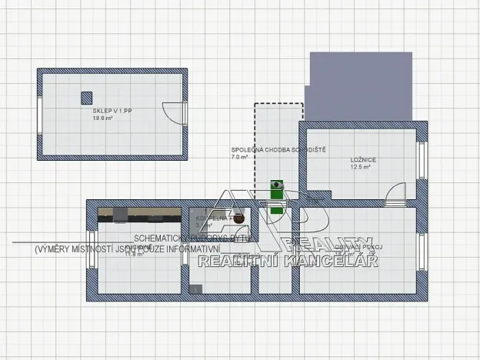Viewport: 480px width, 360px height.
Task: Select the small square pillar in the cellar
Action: pyautogui.click(x=86, y=97)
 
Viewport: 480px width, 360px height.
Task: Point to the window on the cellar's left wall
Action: pyautogui.click(x=39, y=114)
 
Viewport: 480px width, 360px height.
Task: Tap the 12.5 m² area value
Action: pyautogui.click(x=360, y=167)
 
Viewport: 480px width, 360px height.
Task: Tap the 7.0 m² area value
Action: pyautogui.click(x=239, y=157)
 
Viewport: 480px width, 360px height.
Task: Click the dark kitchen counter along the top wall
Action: pyautogui.click(x=138, y=212)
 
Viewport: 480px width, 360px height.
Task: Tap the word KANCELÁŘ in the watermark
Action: pyautogui.click(x=332, y=262)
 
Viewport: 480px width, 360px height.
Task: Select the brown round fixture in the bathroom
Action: pyautogui.click(x=238, y=218)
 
